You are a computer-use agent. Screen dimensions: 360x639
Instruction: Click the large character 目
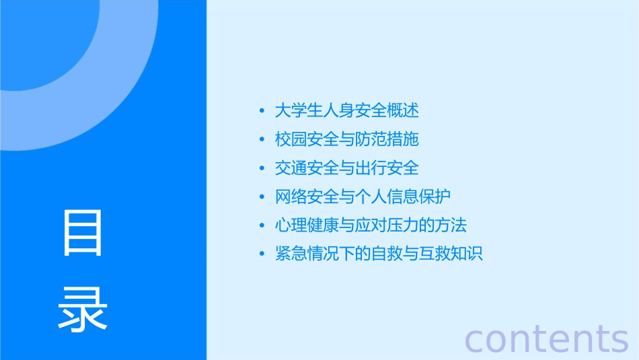click(83, 233)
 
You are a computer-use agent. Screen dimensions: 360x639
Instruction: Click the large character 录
click(83, 309)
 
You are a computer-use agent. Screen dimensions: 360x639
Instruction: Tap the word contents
click(546, 338)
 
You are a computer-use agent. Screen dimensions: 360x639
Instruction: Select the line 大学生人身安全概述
click(346, 110)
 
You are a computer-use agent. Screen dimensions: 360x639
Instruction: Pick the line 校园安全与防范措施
click(346, 139)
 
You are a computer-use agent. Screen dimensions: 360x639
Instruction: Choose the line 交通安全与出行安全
click(346, 168)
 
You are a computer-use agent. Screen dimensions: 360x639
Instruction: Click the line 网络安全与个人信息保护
click(363, 196)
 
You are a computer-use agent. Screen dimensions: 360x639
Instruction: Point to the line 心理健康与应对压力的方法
click(371, 225)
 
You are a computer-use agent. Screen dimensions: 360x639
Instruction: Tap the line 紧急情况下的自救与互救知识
click(379, 254)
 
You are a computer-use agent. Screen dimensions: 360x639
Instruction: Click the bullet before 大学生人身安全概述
click(262, 111)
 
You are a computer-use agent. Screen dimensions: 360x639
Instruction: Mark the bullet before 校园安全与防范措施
click(262, 140)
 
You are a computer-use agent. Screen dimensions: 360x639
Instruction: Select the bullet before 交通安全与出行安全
click(262, 168)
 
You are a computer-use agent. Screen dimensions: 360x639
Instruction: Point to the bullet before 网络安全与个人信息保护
click(262, 197)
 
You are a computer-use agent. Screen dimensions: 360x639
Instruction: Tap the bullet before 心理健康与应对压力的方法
click(262, 225)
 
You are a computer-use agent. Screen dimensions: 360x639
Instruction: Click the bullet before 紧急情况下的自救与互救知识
click(262, 254)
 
